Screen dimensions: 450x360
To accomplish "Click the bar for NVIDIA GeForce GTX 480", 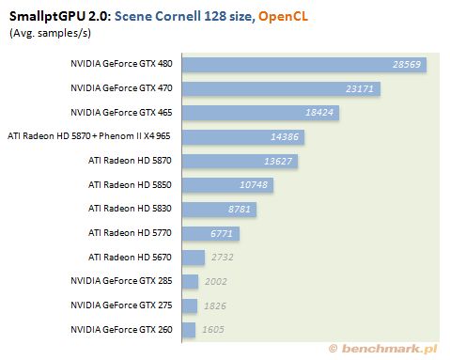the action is tap(304, 65).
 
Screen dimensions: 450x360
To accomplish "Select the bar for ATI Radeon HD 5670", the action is tap(194, 258).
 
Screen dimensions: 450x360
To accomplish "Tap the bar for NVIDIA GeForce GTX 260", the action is tap(189, 330).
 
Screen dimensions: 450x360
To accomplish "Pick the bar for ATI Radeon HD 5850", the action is tap(227, 185).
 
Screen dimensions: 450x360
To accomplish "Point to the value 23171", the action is tap(360, 88).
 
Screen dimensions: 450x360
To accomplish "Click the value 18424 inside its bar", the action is tap(319, 113).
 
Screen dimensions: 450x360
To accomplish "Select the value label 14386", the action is tap(285, 136).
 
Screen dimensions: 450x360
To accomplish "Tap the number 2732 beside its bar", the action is tap(222, 258).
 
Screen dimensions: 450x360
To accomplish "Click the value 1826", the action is tap(215, 305).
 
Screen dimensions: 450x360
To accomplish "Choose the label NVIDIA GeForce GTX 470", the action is tap(121, 88).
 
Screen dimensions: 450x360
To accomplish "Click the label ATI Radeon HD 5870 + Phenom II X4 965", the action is tap(89, 136).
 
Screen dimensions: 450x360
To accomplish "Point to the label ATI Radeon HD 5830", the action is tap(130, 209).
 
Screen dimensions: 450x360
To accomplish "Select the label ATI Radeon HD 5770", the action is tap(130, 233).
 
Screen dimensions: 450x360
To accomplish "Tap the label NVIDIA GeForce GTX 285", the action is tap(121, 281).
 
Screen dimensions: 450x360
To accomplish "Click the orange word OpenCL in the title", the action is tap(283, 16).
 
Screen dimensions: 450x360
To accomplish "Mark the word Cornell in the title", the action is tap(178, 16).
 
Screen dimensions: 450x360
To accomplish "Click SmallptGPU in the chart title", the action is tap(47, 17).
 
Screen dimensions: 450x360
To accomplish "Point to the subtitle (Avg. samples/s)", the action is tap(50, 33).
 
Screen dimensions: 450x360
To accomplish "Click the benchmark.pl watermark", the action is tap(382, 349).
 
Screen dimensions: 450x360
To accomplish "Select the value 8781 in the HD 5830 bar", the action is tap(240, 209).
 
